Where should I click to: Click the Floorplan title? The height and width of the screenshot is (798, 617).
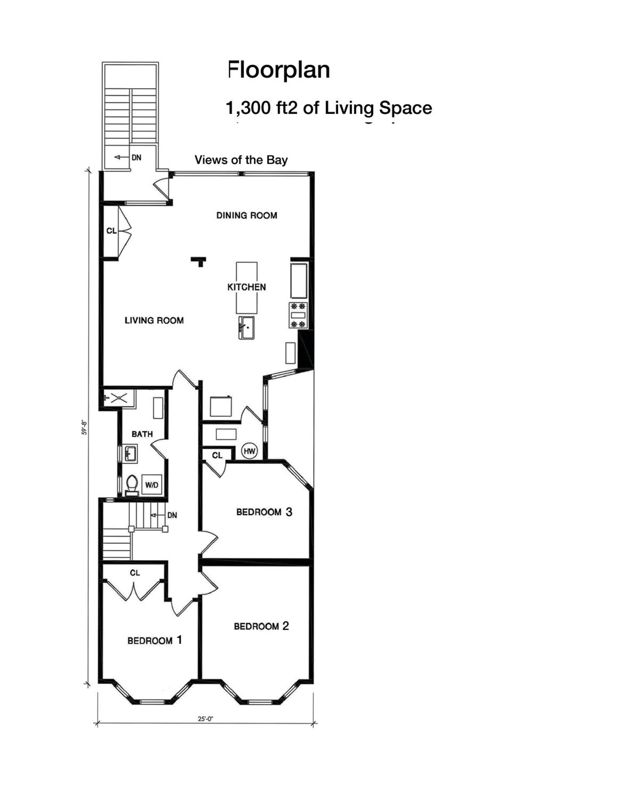point(279,70)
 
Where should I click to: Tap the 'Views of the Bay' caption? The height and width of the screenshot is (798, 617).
point(241,160)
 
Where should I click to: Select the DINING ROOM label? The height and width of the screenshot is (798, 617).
point(247,215)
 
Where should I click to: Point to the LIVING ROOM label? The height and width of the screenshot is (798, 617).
point(154,321)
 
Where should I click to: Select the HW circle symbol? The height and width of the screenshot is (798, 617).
point(250,451)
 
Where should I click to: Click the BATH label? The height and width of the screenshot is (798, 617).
point(142,434)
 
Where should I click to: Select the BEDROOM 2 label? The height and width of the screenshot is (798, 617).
point(261,626)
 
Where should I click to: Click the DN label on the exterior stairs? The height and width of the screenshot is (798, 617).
point(136,157)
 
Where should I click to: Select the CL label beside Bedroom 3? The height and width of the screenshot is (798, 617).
point(217,455)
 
